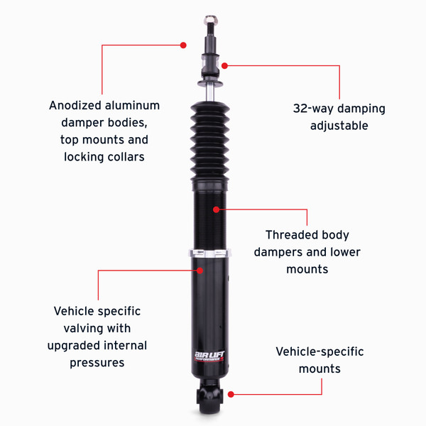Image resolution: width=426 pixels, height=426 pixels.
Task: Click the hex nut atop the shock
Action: tap(211, 20)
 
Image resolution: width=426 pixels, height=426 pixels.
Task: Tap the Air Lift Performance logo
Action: tap(209, 356)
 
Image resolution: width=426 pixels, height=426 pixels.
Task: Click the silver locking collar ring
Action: tap(209, 253)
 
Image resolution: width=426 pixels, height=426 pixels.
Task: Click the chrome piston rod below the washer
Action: tap(209, 93)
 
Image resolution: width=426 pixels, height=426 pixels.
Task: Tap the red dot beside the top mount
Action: tap(224, 66)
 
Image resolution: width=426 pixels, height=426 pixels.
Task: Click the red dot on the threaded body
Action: tap(216, 209)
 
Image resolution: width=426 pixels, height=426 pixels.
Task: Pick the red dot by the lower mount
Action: tap(231, 395)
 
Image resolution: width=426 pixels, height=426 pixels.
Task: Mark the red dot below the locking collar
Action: tap(200, 271)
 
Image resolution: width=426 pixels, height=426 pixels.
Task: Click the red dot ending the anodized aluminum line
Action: tap(183, 45)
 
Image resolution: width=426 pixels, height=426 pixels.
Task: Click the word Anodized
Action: tap(75, 105)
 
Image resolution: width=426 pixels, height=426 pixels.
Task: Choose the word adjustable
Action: tap(339, 126)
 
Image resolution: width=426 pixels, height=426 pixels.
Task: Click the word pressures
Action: tap(97, 364)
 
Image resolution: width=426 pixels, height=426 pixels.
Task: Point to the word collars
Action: tap(126, 157)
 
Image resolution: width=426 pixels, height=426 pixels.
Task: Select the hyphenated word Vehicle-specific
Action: tap(319, 352)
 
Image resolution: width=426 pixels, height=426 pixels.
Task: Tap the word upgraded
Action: tap(74, 346)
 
